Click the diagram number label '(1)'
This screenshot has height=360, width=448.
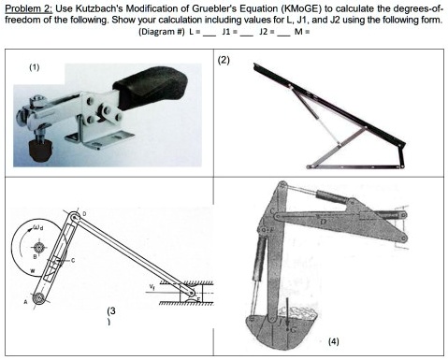34,66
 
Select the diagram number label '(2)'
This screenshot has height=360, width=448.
223,61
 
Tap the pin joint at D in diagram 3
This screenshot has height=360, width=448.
76,221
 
